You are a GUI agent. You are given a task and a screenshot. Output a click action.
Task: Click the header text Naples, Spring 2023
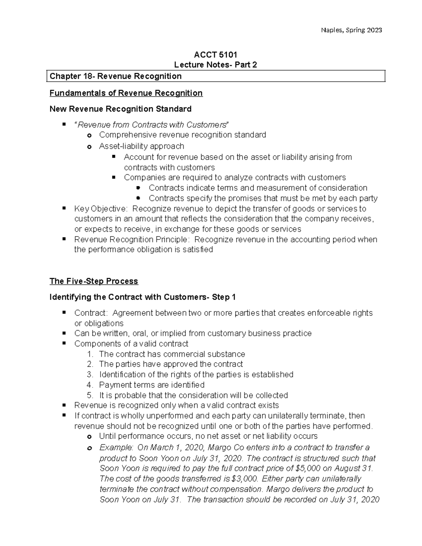coord(351,30)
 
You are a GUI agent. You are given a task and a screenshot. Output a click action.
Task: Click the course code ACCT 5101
coord(216,54)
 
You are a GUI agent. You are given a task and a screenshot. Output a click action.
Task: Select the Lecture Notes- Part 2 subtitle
coord(216,65)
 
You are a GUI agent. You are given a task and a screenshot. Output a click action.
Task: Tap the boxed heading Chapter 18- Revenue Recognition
coord(116,76)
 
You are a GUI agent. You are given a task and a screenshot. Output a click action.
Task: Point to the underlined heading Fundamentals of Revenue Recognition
coord(126,93)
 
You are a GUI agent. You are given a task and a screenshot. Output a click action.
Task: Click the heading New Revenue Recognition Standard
coord(120,109)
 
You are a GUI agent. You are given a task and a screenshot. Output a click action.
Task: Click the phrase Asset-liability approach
coord(141,146)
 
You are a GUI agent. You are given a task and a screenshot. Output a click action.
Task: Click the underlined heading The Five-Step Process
coord(94,281)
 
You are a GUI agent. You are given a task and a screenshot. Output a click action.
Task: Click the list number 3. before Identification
coord(90,375)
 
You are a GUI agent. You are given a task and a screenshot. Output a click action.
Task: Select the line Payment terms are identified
coord(152,385)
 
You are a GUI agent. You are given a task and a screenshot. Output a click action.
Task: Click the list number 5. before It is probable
coord(90,396)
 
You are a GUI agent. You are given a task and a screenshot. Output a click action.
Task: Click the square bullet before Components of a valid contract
coord(64,343)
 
